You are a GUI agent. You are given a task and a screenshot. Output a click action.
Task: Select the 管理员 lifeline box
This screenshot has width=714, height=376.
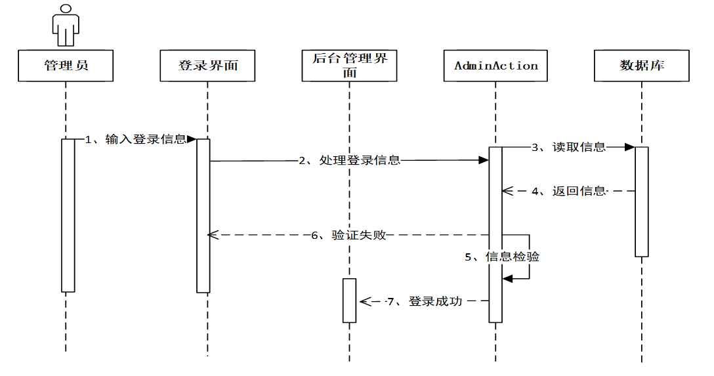(66, 66)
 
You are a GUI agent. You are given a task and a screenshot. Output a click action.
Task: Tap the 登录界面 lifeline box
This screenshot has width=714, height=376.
(207, 66)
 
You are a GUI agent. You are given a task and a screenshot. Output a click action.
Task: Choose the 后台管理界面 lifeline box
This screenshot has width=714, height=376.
(349, 66)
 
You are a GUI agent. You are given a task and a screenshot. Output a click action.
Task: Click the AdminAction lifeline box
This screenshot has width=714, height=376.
(496, 66)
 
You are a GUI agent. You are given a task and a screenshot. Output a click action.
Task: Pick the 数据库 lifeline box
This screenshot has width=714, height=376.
(642, 66)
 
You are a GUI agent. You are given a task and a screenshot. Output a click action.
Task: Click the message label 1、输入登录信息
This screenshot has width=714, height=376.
(136, 139)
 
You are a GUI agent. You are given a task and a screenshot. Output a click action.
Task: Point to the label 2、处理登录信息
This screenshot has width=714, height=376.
(349, 160)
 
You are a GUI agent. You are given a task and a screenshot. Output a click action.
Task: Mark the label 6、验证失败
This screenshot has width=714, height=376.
(349, 235)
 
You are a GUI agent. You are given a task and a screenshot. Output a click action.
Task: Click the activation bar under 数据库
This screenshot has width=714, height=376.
(642, 201)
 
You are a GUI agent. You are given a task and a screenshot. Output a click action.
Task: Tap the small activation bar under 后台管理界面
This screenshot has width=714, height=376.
(349, 300)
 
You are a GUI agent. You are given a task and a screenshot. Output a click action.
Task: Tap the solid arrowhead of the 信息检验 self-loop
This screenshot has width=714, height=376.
(507, 279)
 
